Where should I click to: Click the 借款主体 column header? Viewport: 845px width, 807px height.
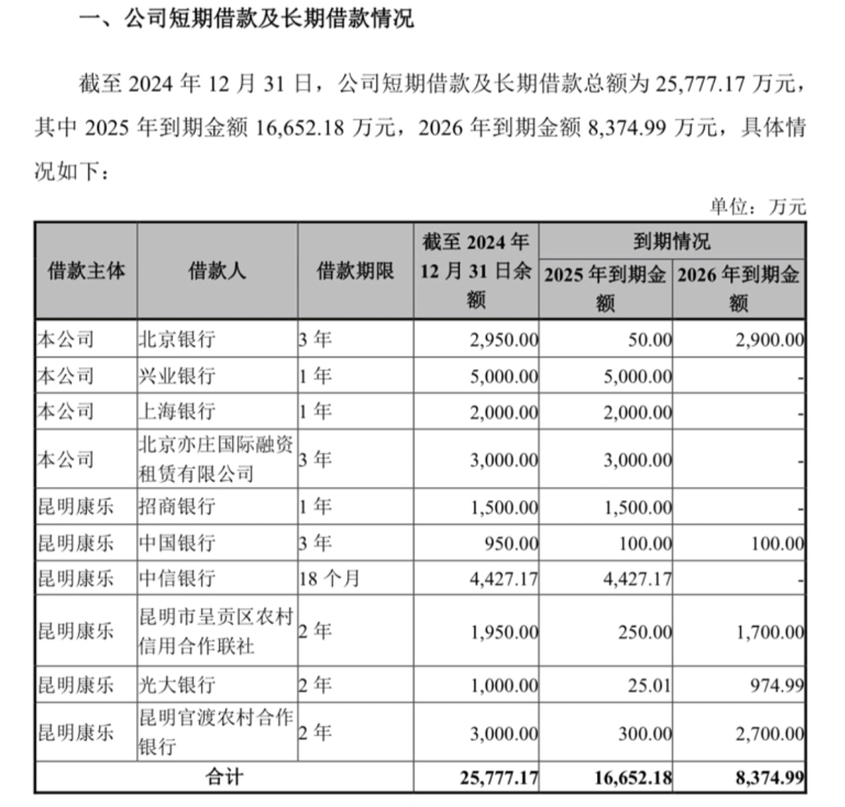[86, 271]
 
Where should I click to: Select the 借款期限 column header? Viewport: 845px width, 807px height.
[354, 271]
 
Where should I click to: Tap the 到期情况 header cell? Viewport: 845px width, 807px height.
[671, 242]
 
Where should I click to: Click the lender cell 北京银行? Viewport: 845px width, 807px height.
[176, 340]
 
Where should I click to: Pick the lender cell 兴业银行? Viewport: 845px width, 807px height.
[176, 376]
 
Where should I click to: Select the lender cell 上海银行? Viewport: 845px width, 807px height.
[176, 411]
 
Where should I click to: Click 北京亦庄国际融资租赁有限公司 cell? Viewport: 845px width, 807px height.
[216, 459]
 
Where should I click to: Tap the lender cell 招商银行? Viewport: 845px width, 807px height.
[176, 507]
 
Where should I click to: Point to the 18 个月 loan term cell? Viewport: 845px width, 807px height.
[328, 579]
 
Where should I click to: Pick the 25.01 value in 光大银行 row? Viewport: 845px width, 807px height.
[649, 685]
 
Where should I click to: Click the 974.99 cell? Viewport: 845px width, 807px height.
[777, 685]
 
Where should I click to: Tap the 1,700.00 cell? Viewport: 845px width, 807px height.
[770, 632]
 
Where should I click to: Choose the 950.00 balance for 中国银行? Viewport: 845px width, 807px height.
[512, 543]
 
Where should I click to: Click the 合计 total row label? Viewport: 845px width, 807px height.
[224, 777]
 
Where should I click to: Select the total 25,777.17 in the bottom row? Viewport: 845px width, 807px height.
[499, 777]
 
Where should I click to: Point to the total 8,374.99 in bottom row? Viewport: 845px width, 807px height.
[769, 777]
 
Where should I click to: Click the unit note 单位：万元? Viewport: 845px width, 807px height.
[757, 207]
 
